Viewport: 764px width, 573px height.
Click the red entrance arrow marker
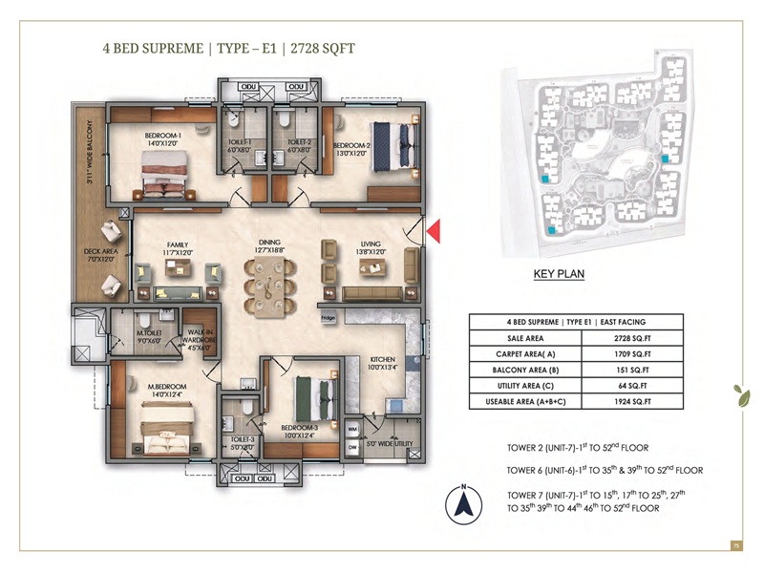tap(433, 231)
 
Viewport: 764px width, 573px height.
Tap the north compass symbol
tap(461, 501)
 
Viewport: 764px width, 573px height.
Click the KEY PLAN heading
tap(558, 275)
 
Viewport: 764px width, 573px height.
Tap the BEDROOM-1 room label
tap(163, 139)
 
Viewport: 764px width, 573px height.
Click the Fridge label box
tap(328, 317)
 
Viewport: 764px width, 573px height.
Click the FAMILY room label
tap(177, 248)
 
